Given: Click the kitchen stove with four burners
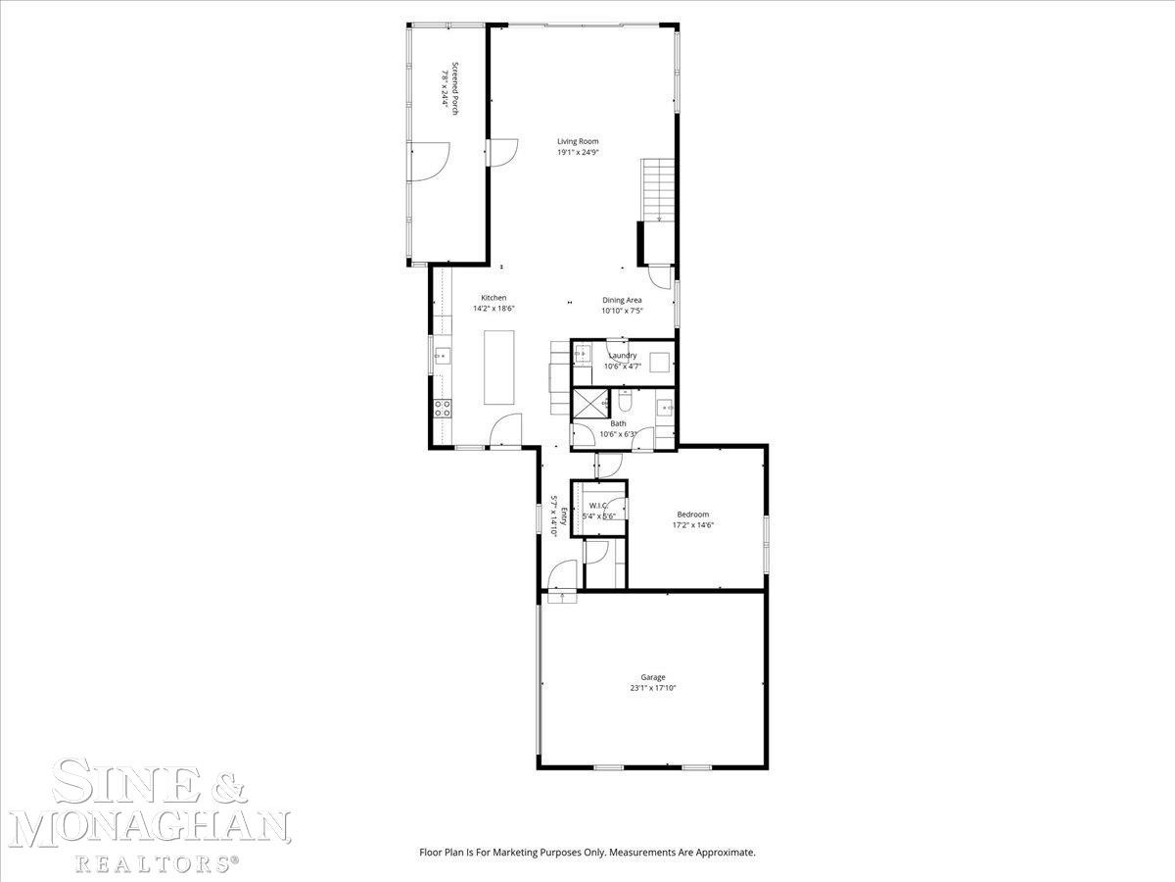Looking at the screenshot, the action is click(443, 409).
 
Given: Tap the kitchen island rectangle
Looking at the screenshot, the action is click(499, 367).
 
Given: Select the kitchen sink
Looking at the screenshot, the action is click(443, 356).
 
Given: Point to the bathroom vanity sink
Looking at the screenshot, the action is click(666, 408).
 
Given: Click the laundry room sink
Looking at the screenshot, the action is click(582, 354).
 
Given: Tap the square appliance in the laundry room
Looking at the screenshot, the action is click(660, 363).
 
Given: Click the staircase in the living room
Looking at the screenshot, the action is click(658, 190).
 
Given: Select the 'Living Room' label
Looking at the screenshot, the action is click(578, 141).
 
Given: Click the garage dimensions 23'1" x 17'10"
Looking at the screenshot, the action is click(652, 688).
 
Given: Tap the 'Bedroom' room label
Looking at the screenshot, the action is click(692, 514).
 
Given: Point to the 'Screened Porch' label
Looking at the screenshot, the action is click(455, 88).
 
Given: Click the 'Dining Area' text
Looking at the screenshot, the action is click(622, 300).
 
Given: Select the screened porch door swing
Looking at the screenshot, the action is click(429, 162).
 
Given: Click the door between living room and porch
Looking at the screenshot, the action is click(502, 153).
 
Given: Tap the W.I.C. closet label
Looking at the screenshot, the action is click(598, 506).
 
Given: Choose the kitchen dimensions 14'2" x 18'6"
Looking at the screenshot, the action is click(493, 309).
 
